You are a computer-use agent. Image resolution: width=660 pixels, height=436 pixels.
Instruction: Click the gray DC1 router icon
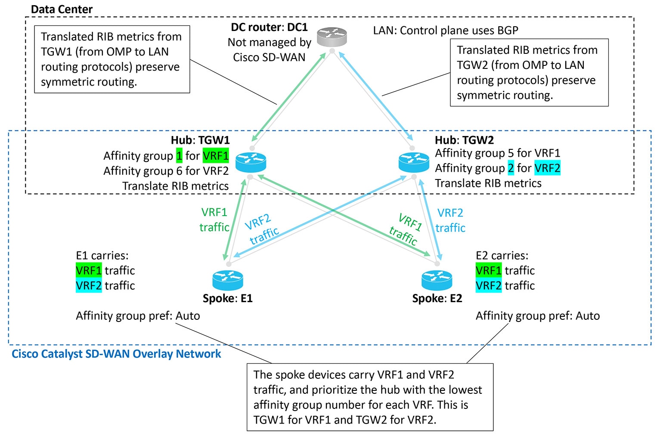[332, 37]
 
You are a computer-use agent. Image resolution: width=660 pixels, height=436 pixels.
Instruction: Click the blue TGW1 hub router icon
[251, 162]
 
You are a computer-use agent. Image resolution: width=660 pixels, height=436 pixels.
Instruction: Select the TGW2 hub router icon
[414, 162]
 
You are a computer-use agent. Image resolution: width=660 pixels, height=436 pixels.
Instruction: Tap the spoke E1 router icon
[228, 280]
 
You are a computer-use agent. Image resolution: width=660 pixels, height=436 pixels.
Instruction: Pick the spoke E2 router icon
[437, 280]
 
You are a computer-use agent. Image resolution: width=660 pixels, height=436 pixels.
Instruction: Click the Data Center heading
[62, 9]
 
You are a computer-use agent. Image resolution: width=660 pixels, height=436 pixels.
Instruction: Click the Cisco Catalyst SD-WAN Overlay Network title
[116, 354]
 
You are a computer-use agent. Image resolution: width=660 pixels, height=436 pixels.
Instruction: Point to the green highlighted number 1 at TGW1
[179, 155]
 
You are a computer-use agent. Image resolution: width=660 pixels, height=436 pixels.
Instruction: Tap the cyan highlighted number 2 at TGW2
[511, 168]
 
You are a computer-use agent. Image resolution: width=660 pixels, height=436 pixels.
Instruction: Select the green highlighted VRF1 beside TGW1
[216, 155]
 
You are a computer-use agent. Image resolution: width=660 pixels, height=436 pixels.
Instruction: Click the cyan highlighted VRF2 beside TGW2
[547, 168]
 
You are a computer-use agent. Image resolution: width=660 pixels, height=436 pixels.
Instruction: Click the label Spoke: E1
[227, 298]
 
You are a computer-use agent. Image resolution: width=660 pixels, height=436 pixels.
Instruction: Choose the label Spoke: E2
[437, 298]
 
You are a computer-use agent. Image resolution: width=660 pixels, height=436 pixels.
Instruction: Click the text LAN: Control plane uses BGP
[445, 30]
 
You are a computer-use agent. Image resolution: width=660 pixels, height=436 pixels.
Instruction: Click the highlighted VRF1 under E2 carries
[488, 270]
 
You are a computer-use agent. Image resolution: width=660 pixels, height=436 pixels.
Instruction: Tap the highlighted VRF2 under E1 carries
[89, 285]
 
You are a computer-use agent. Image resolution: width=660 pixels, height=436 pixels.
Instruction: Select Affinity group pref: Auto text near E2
[537, 315]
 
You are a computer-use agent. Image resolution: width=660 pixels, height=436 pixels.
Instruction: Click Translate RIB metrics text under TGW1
[175, 186]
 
